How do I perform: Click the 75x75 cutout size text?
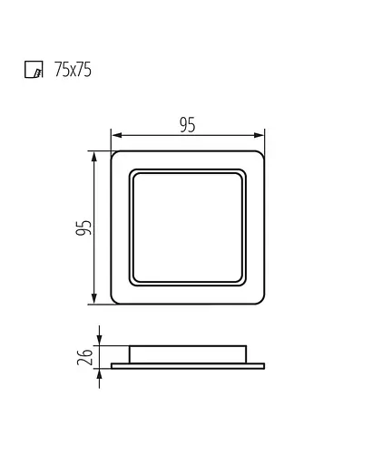pyautogui.click(x=73, y=70)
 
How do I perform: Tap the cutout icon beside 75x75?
pyautogui.click(x=34, y=70)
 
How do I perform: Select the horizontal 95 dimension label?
pyautogui.click(x=188, y=125)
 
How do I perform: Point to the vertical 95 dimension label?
pyautogui.click(x=83, y=227)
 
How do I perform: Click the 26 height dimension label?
pyautogui.click(x=84, y=357)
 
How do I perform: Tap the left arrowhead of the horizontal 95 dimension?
pyautogui.click(x=116, y=135)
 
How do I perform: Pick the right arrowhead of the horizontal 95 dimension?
pyautogui.click(x=259, y=135)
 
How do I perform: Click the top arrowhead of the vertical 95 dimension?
pyautogui.click(x=94, y=157)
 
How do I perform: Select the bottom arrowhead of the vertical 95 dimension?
pyautogui.click(x=94, y=298)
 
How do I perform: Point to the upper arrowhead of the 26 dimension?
pyautogui.click(x=100, y=340)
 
